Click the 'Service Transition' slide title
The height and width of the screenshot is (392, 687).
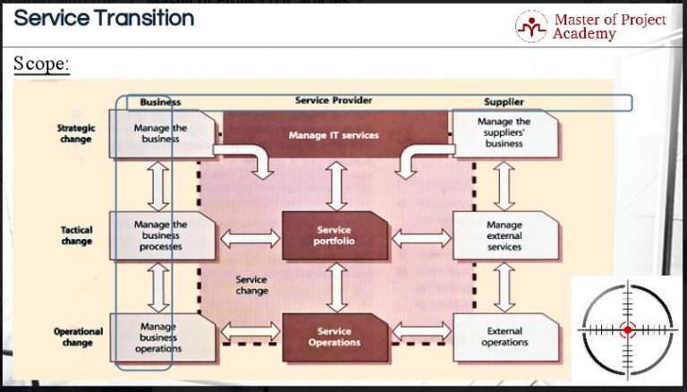click(x=104, y=18)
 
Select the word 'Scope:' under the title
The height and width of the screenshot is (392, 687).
click(x=41, y=64)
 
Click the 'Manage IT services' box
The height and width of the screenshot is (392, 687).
click(x=334, y=135)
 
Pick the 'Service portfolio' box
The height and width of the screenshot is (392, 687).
click(x=334, y=236)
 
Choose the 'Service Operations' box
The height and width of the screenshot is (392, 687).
click(x=334, y=337)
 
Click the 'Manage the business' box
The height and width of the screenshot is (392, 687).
click(x=161, y=133)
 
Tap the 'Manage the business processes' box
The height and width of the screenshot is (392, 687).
click(x=161, y=235)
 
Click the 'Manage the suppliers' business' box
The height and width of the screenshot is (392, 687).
click(x=505, y=132)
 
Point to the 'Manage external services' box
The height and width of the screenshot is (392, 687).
click(x=505, y=235)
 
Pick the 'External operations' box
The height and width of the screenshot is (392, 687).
click(x=505, y=337)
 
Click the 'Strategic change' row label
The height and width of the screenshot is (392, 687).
click(x=76, y=133)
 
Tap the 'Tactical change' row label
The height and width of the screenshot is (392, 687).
click(x=77, y=235)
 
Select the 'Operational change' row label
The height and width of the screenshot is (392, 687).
click(x=78, y=337)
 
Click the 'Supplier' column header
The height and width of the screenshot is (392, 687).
click(x=504, y=102)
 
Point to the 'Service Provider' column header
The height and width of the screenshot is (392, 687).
click(x=334, y=100)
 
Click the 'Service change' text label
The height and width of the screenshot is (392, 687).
click(x=251, y=285)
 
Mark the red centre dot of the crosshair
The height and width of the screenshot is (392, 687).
click(x=627, y=330)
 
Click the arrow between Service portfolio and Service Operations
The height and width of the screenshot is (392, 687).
click(x=335, y=286)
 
